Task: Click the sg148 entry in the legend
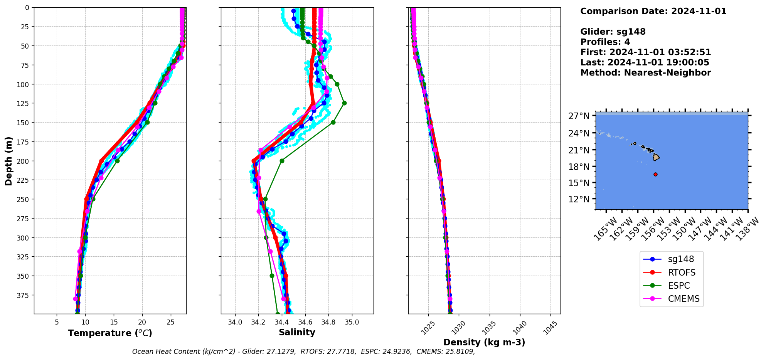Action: [x=681, y=259]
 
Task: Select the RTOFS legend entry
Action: [x=682, y=273]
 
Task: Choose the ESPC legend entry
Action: [x=679, y=286]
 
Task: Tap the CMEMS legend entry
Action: [x=684, y=299]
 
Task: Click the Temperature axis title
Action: [x=110, y=333]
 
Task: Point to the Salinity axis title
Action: [x=297, y=332]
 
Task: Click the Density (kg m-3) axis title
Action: [x=484, y=342]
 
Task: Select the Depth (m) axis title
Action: [x=9, y=161]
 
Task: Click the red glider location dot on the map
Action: [x=655, y=174]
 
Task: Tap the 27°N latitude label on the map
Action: [x=579, y=116]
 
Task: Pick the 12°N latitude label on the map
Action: [x=579, y=199]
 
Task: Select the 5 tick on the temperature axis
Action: [x=57, y=322]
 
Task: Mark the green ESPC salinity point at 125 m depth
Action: [x=344, y=103]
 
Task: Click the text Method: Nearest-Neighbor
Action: [x=645, y=73]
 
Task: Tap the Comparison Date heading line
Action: [x=653, y=11]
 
